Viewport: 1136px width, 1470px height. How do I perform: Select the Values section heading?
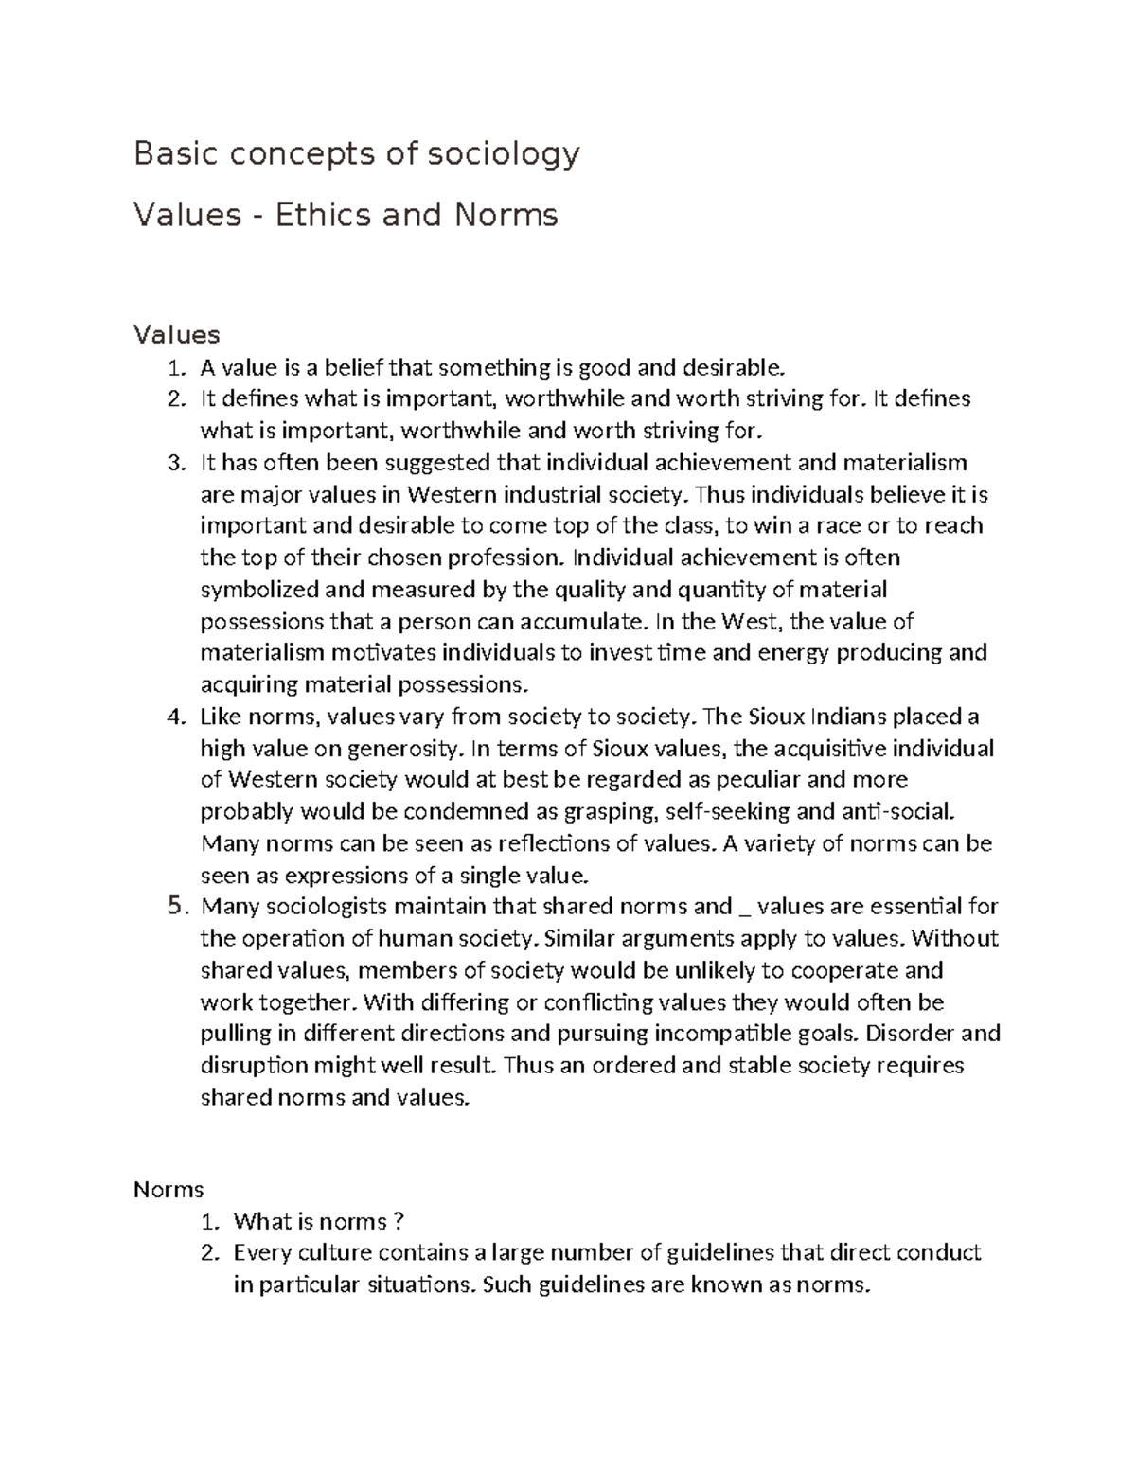click(177, 334)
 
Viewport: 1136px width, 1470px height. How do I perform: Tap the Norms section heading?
click(169, 1189)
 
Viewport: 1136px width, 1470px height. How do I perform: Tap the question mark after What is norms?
click(399, 1222)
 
